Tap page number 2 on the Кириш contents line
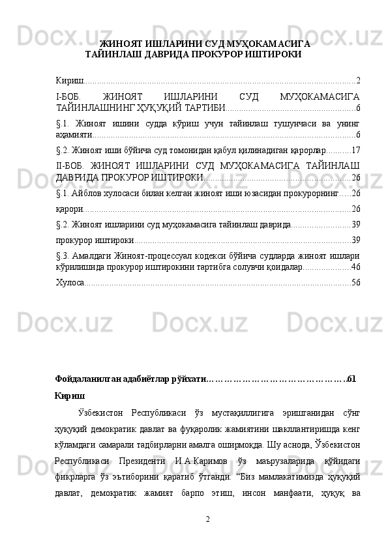click(x=359, y=80)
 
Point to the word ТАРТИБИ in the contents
click(x=206, y=108)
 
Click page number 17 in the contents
click(x=356, y=151)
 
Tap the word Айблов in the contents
click(x=89, y=193)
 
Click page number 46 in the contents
click(x=356, y=267)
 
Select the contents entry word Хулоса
click(x=70, y=282)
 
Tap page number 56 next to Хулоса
click(x=356, y=282)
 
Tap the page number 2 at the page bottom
click(x=207, y=518)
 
